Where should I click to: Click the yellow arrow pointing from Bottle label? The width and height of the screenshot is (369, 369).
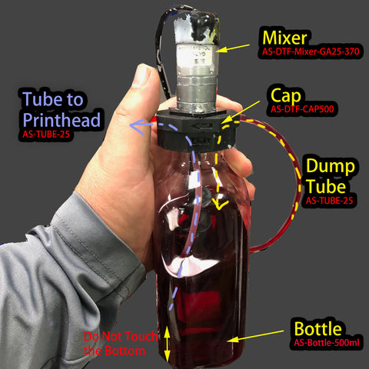click(x=261, y=336)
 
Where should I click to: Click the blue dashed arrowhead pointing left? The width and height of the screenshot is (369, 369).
click(x=134, y=124)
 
